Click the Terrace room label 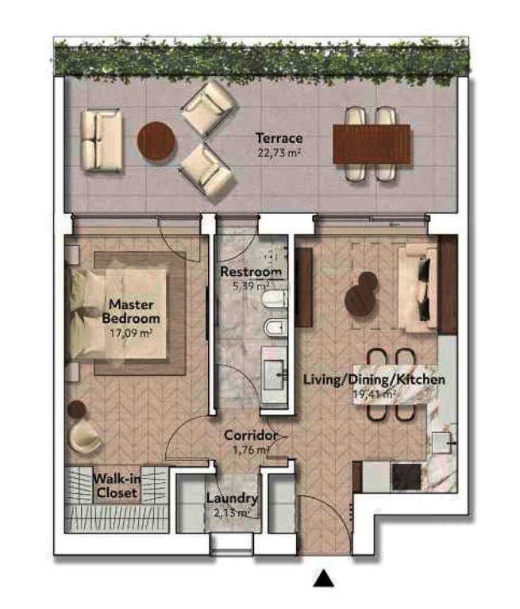[279, 138]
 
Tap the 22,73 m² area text [279, 152]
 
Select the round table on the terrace [156, 140]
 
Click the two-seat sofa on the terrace [102, 140]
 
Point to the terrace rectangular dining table [372, 144]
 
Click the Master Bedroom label [131, 312]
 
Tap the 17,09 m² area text [130, 333]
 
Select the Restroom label [251, 271]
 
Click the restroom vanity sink [274, 376]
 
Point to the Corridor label [251, 435]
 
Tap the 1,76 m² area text [251, 450]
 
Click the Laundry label [232, 498]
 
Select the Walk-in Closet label [117, 486]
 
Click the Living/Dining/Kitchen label [374, 379]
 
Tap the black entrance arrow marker [324, 577]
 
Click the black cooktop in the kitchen [406, 477]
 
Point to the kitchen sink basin [443, 443]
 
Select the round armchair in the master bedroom [85, 438]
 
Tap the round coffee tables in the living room [361, 294]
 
